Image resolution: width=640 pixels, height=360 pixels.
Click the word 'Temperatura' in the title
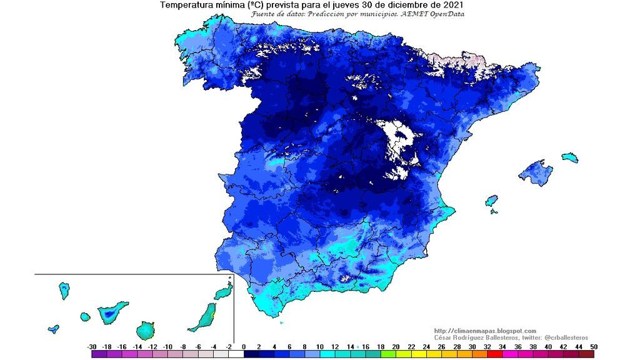tap(184, 5)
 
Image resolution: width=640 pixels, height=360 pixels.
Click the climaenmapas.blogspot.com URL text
tap(484, 331)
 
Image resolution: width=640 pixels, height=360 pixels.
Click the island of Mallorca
tap(536, 172)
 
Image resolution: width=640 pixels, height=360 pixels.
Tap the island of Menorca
tap(569, 157)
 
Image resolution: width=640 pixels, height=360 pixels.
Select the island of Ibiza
tap(492, 201)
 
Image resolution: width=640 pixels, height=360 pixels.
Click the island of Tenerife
tap(111, 312)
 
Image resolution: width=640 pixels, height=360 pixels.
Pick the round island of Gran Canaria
tap(146, 330)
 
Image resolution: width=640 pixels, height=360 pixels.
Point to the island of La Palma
tap(64, 291)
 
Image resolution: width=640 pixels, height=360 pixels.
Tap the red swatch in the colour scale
tap(494, 354)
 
